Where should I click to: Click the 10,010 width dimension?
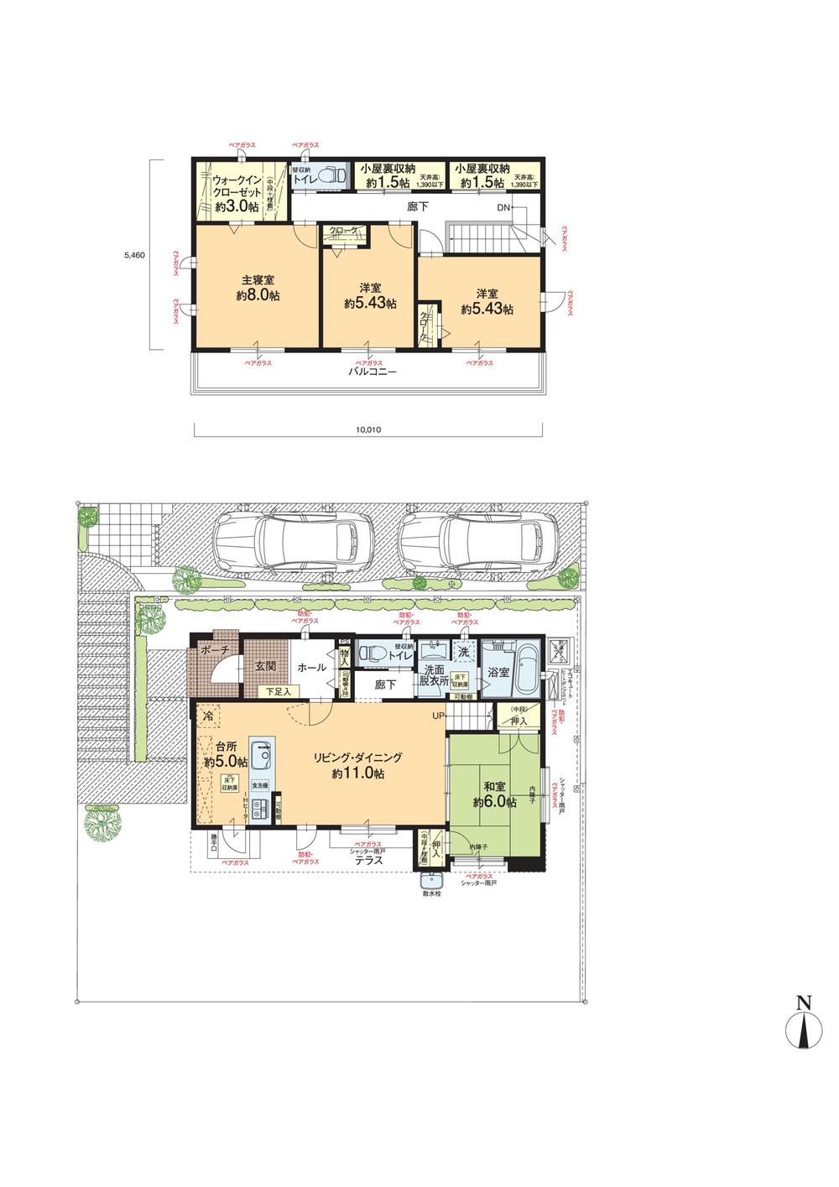tap(367, 430)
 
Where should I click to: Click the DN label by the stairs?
tap(503, 207)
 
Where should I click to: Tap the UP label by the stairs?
tap(439, 716)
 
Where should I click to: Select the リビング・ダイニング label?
tap(358, 757)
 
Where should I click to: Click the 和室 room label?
tap(494, 786)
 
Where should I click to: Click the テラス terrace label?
tap(369, 860)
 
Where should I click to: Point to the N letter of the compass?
tap(803, 1002)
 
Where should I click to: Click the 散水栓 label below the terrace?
tap(432, 893)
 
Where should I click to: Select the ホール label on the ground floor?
tap(312, 667)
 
